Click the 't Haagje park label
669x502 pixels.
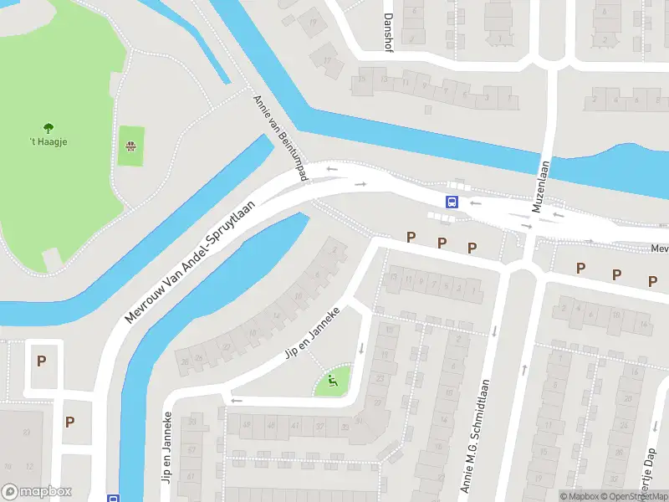click(x=49, y=141)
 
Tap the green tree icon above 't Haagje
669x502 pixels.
click(x=49, y=128)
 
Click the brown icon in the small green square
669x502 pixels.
click(x=130, y=146)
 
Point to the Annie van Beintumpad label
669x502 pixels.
click(x=281, y=136)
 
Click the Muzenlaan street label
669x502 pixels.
click(x=543, y=188)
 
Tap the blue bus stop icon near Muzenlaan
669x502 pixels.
click(x=452, y=202)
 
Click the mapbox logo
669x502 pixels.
click(x=37, y=492)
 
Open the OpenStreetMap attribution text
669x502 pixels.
click(x=636, y=496)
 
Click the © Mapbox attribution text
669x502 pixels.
click(x=581, y=496)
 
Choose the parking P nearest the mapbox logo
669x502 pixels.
click(x=70, y=423)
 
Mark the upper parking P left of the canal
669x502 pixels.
click(x=42, y=361)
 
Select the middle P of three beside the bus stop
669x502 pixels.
click(x=442, y=243)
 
